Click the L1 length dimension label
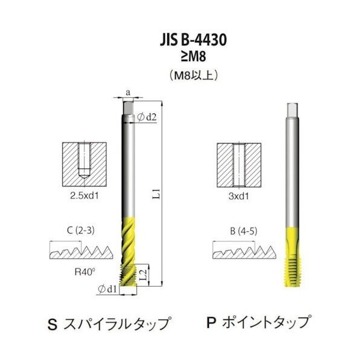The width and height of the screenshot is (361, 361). coord(156,194)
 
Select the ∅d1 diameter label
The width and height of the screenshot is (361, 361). coord(108,290)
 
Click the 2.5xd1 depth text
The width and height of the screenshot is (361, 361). coord(85,196)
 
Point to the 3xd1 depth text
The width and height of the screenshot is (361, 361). coord(239,196)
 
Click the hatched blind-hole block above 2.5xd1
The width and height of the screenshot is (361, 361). coord(85,165)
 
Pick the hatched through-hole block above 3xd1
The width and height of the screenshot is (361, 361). coord(239,165)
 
